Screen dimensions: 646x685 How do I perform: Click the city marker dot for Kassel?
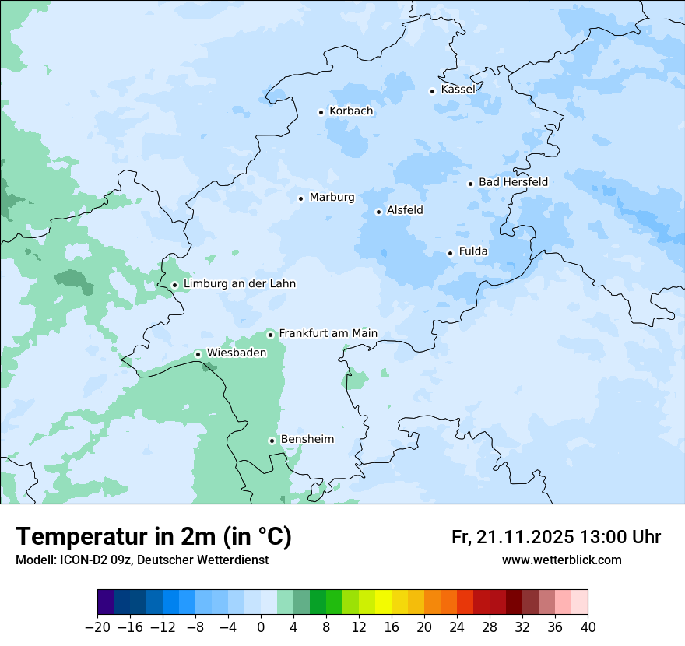(433, 91)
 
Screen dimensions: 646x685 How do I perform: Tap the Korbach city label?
(351, 111)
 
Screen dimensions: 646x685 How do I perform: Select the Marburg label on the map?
(332, 198)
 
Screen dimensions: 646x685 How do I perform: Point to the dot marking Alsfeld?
(378, 212)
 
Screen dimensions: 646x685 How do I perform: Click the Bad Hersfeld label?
(513, 182)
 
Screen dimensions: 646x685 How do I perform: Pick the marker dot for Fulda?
(450, 253)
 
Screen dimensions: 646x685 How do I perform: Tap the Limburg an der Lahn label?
(239, 284)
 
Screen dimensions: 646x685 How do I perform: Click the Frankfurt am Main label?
(328, 334)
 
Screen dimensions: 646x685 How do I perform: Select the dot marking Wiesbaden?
(198, 354)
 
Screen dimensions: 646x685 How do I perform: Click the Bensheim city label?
(307, 440)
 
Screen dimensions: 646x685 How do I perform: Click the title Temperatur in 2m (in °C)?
(154, 537)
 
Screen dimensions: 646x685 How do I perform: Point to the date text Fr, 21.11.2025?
(513, 537)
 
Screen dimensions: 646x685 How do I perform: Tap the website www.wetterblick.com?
(561, 560)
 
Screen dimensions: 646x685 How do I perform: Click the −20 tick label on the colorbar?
(97, 627)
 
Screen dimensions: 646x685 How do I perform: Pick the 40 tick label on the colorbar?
(588, 627)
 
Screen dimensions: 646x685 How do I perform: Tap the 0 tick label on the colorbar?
(261, 627)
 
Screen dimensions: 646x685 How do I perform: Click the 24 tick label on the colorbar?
(457, 627)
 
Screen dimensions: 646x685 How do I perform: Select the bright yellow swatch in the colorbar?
(383, 602)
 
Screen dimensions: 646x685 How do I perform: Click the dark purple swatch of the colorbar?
(106, 602)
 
